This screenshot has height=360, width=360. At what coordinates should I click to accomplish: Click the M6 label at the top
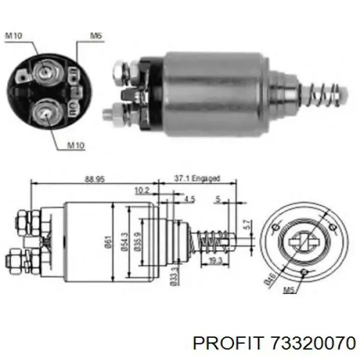(96, 35)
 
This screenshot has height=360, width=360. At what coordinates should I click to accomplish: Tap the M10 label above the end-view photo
(14, 35)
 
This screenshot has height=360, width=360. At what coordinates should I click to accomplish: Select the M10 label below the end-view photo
(76, 145)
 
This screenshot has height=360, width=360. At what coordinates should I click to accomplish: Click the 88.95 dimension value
(95, 179)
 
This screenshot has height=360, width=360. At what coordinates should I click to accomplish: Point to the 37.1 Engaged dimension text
(197, 178)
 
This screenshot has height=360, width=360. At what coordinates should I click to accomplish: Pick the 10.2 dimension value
(142, 191)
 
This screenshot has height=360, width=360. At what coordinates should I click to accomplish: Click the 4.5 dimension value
(190, 199)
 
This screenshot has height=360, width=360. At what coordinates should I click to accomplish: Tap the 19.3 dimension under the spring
(216, 260)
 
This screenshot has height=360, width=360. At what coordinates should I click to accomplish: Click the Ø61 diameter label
(108, 242)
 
